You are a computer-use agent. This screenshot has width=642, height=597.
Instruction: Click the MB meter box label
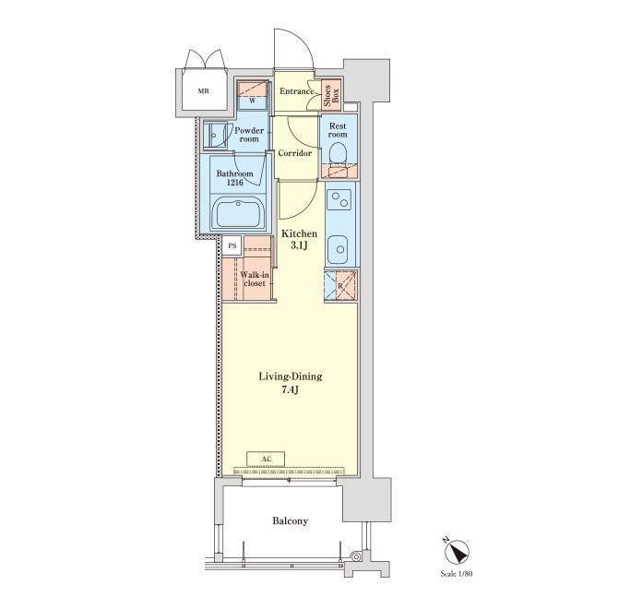[204, 91]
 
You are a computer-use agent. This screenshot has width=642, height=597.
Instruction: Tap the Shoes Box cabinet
[331, 95]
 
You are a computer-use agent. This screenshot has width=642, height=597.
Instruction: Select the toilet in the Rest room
[338, 154]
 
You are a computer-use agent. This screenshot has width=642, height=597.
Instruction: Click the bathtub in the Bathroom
[239, 211]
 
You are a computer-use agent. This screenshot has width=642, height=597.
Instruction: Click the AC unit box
[267, 459]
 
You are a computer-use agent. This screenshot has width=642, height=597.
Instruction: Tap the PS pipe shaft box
[232, 246]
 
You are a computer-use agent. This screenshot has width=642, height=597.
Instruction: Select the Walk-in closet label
[255, 279]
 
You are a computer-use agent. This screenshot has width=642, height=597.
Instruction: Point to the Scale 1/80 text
[456, 574]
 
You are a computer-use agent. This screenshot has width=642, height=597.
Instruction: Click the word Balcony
[291, 521]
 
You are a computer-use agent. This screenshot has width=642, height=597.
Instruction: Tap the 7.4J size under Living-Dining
[291, 389]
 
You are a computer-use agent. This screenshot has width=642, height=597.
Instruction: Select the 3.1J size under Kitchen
[299, 245]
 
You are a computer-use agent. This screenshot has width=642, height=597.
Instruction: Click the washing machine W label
[252, 101]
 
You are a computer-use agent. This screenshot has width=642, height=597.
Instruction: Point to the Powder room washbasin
[214, 135]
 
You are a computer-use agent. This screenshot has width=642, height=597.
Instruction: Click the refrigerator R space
[340, 285]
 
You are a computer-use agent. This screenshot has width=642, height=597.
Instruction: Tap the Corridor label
[295, 153]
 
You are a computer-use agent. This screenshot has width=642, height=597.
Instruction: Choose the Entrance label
[296, 91]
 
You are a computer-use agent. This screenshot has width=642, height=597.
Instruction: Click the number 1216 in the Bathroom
[234, 183]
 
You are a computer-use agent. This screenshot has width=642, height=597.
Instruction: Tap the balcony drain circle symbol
[356, 557]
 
